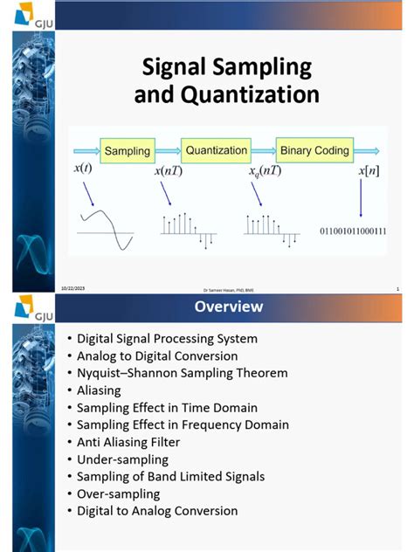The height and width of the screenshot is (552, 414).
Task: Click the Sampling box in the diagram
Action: click(x=128, y=151)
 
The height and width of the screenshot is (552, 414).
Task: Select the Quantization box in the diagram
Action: click(x=216, y=150)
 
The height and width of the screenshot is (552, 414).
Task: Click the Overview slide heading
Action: click(x=228, y=307)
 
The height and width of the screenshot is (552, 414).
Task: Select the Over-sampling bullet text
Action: click(x=120, y=493)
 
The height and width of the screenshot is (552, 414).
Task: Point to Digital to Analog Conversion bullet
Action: click(x=157, y=511)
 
